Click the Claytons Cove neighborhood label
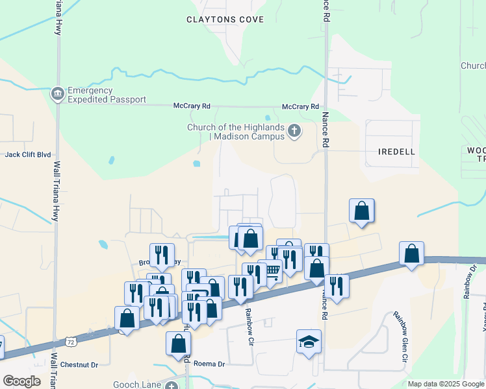tap(225, 19)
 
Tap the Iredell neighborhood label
tap(396, 151)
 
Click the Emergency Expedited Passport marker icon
tap(58, 94)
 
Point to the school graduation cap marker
tap(309, 341)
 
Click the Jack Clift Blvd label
tap(28, 155)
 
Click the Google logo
tap(21, 381)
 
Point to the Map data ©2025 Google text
tap(446, 384)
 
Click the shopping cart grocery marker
tap(271, 271)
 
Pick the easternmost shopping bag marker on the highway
tap(412, 253)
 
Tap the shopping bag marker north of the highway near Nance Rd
tap(362, 211)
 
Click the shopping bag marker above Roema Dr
tap(178, 344)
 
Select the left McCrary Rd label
tap(192, 106)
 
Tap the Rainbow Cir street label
tap(248, 321)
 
